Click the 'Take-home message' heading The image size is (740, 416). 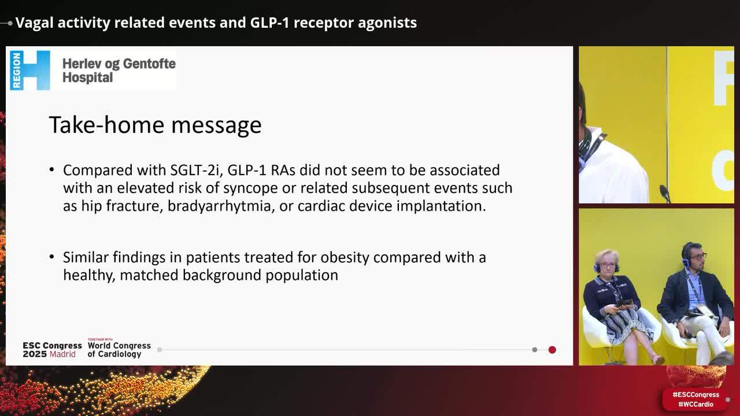155,125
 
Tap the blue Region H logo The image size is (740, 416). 29,70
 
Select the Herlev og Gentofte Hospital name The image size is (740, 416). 119,70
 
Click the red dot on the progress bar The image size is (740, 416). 552,350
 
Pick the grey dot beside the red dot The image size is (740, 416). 535,350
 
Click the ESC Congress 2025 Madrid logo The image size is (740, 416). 52,350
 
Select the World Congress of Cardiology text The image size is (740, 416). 119,349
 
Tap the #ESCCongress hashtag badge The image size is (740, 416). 695,395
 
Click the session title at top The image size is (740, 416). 216,23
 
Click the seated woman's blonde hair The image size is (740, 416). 606,257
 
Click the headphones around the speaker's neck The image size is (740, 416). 589,144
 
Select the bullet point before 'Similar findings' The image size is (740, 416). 52,257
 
